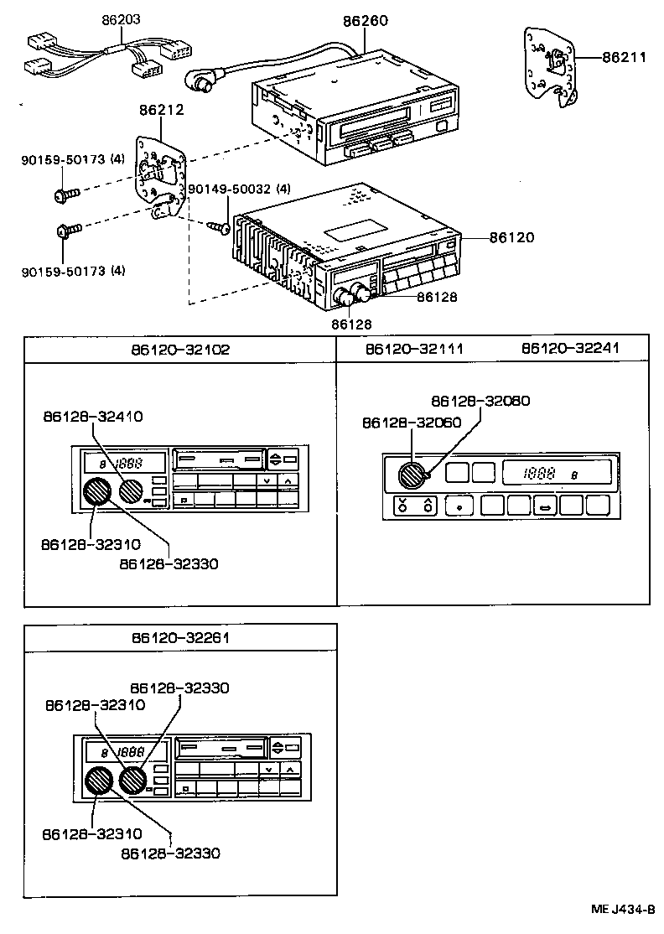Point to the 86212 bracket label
[x=161, y=109]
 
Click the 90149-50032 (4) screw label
[x=239, y=189]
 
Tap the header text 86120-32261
[x=179, y=637]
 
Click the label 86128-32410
[x=92, y=415]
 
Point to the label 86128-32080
[x=480, y=401]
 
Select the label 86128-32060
[x=412, y=423]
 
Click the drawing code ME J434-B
[x=623, y=909]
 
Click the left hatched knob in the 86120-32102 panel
[x=98, y=492]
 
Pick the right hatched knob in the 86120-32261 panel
[x=132, y=781]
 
